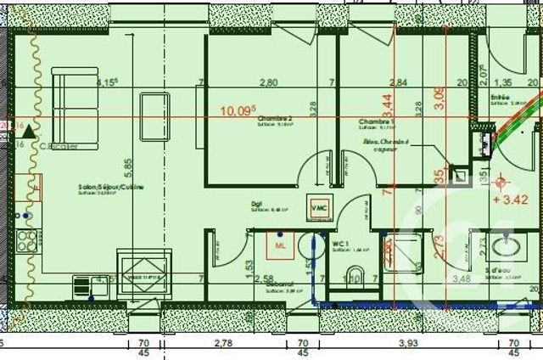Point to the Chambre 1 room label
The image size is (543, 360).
point(372,121)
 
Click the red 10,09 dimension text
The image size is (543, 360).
point(238,110)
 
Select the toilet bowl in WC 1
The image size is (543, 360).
point(354,274)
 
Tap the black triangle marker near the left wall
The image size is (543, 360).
point(29,132)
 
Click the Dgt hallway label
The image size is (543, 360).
point(255,205)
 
